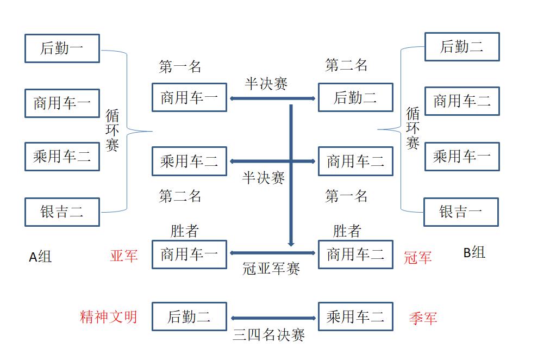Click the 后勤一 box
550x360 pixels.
coord(62,48)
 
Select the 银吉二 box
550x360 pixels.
coord(62,212)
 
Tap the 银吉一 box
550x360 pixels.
coord(461,212)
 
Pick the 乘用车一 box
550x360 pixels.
coord(461,157)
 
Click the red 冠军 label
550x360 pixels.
coord(417,257)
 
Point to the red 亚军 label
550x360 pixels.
coord(124,256)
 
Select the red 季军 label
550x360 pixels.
coord(422,318)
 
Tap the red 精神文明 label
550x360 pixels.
coord(109,316)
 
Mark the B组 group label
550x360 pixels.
coord(474,252)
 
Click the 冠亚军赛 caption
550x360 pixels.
coord(271,269)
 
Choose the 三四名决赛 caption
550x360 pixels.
coord(268,335)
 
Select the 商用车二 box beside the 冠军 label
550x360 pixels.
coord(355,254)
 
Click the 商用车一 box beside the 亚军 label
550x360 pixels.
coord(189,254)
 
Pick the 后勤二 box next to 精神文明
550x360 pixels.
coord(189,316)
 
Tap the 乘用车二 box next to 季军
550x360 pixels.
coord(355,316)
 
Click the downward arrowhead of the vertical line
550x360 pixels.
coord(291,243)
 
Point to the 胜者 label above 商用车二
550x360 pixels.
coord(347,231)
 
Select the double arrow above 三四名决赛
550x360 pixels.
coord(273,318)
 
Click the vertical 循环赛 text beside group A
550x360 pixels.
coord(112,131)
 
